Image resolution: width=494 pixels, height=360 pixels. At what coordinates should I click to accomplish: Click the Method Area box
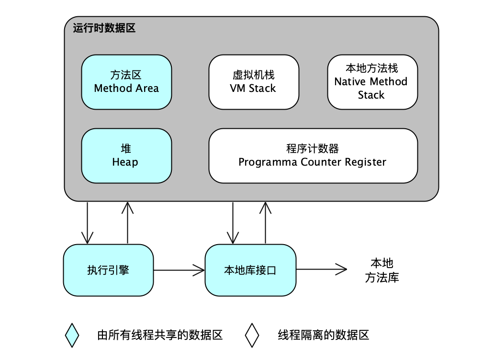click(126, 82)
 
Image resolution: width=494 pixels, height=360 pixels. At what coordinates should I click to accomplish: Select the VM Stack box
click(253, 82)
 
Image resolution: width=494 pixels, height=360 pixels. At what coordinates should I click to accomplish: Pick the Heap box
click(126, 156)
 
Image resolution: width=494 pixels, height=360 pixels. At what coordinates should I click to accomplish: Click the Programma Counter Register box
click(313, 156)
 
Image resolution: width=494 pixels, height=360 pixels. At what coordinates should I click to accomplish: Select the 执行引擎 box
click(109, 270)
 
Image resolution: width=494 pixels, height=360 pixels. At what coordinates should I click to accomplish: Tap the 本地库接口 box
click(250, 270)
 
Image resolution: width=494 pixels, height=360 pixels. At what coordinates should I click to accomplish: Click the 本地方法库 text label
click(382, 270)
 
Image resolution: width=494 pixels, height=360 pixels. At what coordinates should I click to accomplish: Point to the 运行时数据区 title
click(104, 28)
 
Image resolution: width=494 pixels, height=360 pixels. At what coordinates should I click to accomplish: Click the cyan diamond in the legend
click(72, 335)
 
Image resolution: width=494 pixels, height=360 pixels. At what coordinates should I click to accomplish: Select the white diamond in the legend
click(252, 335)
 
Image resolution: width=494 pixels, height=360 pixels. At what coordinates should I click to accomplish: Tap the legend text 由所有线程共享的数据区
click(160, 335)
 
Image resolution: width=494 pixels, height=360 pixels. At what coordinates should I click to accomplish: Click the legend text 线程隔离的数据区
click(324, 335)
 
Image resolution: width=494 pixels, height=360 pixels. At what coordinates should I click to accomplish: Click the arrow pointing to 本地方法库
click(321, 270)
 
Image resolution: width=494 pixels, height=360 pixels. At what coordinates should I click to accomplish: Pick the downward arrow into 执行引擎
click(88, 223)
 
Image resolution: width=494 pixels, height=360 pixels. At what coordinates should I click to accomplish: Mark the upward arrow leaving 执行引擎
click(127, 223)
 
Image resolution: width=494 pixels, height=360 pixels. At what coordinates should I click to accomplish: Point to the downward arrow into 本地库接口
click(233, 223)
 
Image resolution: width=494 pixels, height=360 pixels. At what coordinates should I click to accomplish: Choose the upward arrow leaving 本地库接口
click(265, 223)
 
